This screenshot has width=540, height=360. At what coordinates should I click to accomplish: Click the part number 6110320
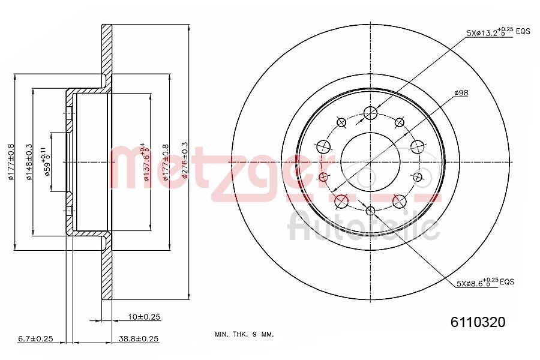click(x=478, y=322)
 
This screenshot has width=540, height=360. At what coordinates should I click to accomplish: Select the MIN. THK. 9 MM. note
click(x=244, y=334)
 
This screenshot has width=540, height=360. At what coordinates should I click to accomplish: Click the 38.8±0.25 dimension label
click(x=139, y=339)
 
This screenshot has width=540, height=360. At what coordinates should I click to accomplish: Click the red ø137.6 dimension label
click(x=145, y=161)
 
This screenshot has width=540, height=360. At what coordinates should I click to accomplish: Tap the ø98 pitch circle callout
click(x=461, y=92)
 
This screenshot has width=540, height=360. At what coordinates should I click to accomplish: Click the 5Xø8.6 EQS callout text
click(x=477, y=281)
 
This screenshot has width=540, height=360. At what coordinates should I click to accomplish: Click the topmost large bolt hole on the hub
click(x=371, y=112)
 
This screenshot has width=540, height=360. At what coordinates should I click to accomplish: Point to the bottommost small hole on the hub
click(x=370, y=210)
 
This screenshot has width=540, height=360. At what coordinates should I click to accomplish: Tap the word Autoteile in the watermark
click(x=364, y=227)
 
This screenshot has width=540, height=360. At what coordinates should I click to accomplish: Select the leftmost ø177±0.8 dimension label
click(x=11, y=161)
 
